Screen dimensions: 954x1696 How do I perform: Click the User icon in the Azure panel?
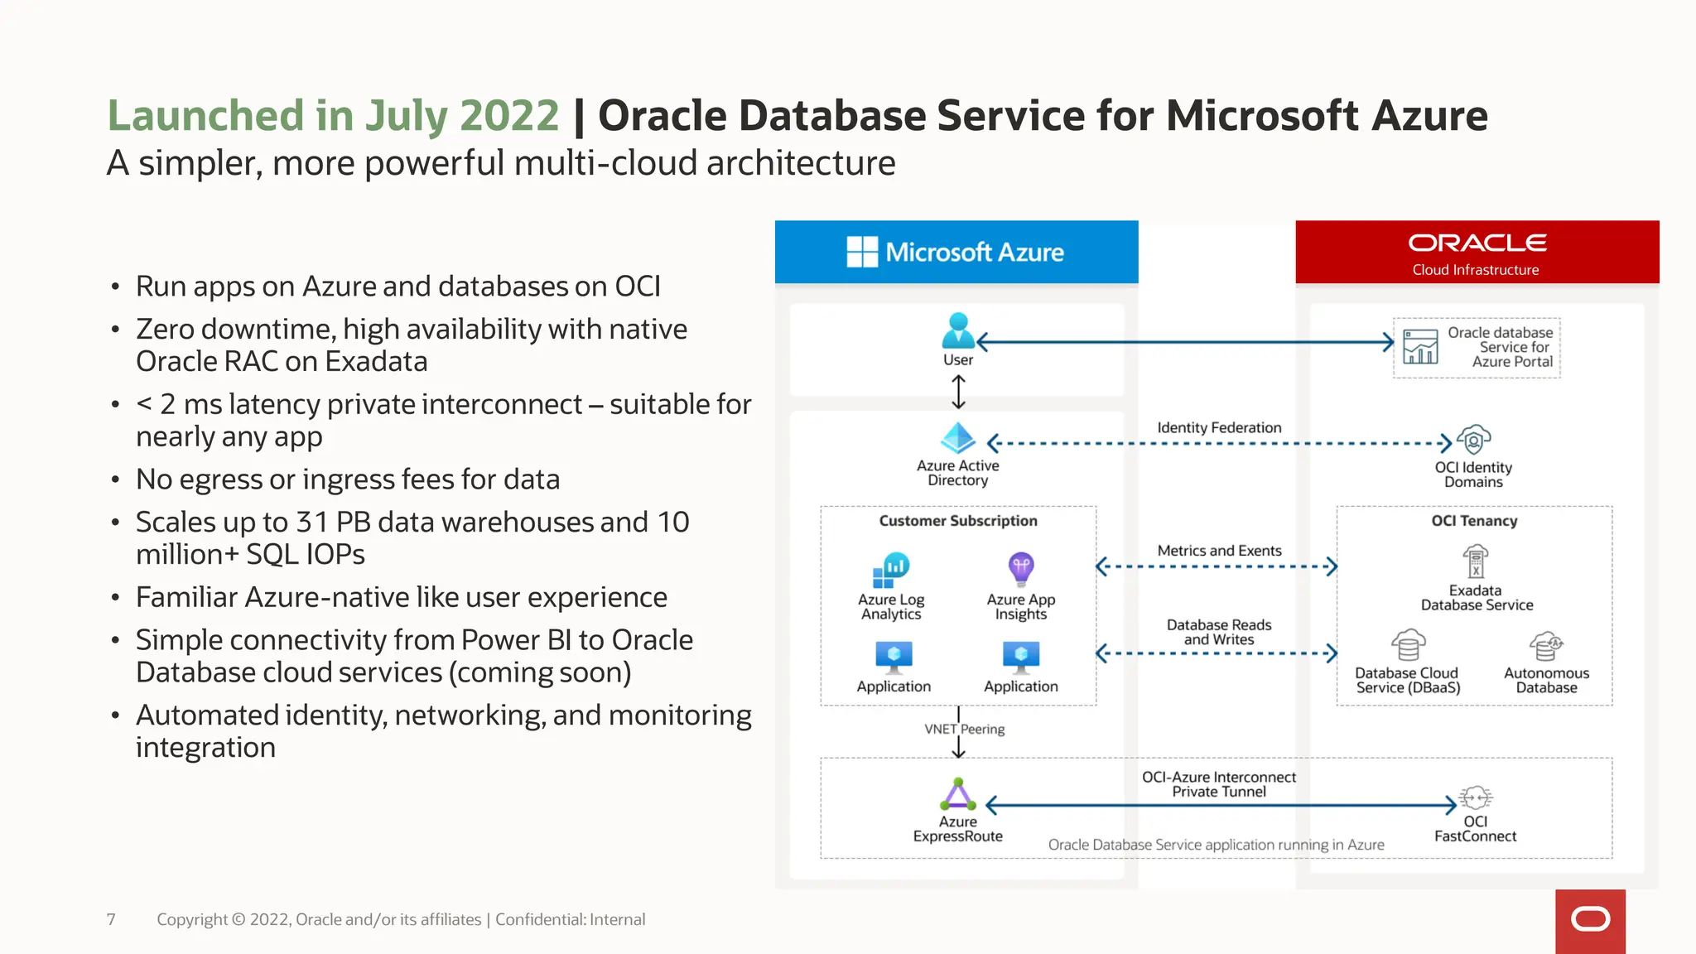[958, 330]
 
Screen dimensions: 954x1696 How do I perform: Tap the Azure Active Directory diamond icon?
[958, 438]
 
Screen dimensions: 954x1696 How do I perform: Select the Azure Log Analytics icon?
[891, 570]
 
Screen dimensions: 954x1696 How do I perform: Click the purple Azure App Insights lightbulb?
[1021, 569]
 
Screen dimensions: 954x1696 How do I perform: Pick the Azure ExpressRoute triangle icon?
[958, 794]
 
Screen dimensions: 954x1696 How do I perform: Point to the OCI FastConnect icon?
[1475, 797]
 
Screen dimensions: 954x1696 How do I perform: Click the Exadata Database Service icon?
[1475, 562]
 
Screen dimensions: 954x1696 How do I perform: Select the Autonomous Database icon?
[1545, 646]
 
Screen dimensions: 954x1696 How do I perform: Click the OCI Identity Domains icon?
[1474, 440]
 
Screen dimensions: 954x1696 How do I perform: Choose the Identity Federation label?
[1219, 427]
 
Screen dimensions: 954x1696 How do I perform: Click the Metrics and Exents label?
[1219, 551]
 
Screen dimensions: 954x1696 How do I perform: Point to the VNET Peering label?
[965, 729]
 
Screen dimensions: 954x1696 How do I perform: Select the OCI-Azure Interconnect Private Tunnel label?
[1219, 784]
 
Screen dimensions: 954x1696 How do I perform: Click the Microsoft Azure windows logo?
[862, 252]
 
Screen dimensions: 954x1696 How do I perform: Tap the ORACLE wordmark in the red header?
[1477, 243]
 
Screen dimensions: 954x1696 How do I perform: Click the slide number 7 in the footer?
[111, 919]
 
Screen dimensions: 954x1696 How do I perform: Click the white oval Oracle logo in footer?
[1590, 919]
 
